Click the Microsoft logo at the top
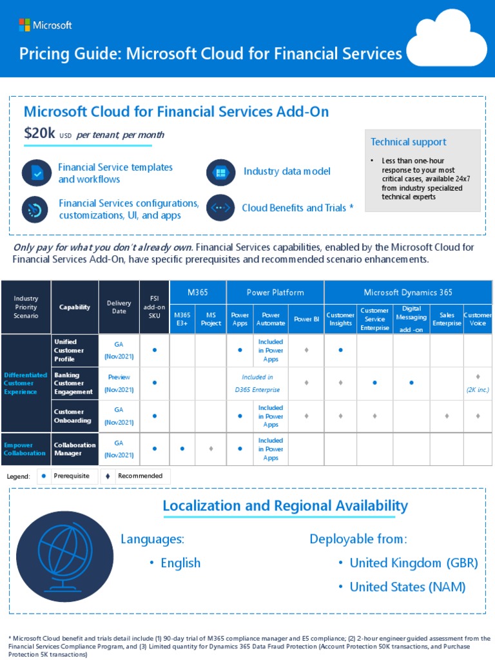45,25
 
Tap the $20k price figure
40,133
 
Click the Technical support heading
408,142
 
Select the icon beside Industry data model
220,172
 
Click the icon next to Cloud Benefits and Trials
220,208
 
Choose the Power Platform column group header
275,293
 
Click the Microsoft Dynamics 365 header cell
407,293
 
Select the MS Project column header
210,319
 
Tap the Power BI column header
306,319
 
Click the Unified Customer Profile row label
68,350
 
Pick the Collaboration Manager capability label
75,449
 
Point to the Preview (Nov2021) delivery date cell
119,383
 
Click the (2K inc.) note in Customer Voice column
478,390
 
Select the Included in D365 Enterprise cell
257,383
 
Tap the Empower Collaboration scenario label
25,449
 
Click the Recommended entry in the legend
141,476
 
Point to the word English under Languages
180,563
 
